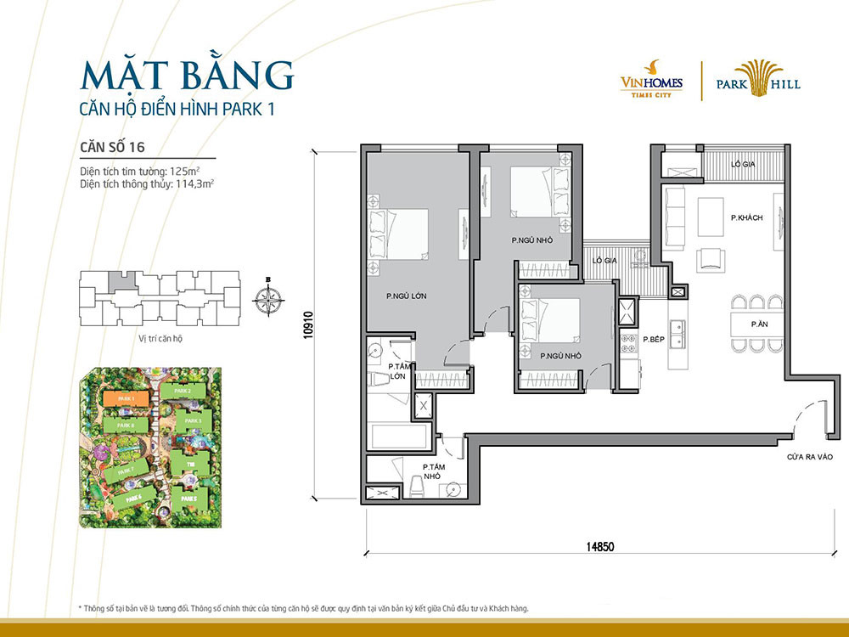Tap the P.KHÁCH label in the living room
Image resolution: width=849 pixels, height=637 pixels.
746,218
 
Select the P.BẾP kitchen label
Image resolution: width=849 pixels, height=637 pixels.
652,339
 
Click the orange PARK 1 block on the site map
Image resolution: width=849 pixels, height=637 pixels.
126,397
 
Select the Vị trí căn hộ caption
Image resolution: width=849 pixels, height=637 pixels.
160,338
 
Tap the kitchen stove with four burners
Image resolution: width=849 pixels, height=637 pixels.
630,343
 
